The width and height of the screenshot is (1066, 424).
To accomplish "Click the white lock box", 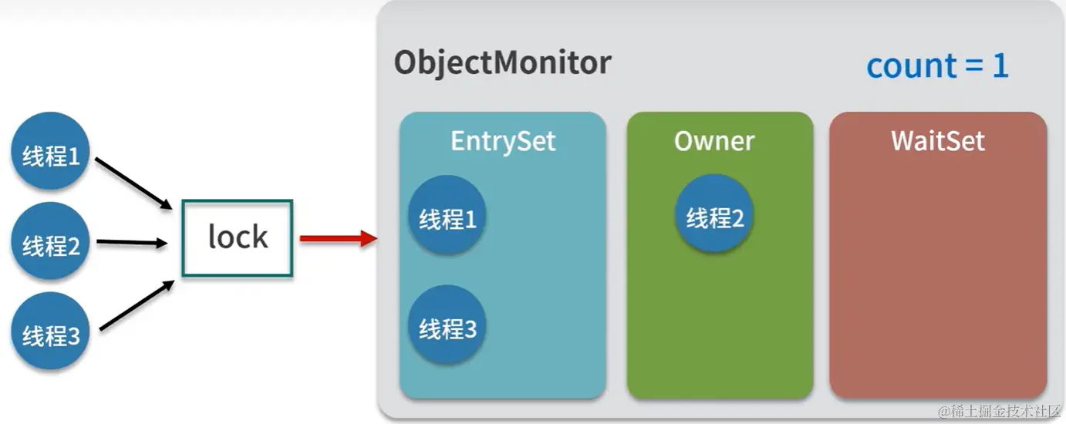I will [238, 237].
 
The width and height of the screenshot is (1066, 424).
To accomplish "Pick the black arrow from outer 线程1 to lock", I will [133, 182].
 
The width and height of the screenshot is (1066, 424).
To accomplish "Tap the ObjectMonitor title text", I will [502, 62].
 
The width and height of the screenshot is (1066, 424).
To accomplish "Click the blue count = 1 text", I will [937, 66].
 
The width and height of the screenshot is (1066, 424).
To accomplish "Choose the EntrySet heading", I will [503, 142].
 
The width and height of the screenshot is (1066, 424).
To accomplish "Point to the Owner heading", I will [714, 141].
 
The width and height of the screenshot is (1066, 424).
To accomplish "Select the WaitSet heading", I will [938, 141].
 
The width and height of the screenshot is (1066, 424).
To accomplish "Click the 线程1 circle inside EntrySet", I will [447, 219].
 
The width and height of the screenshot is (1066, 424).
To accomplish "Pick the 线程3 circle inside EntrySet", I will [447, 328].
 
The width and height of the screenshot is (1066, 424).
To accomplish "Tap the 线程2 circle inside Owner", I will [714, 217].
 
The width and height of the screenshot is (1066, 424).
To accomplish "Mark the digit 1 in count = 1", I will [1000, 66].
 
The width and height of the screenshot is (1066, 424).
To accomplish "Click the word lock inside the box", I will [238, 237].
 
